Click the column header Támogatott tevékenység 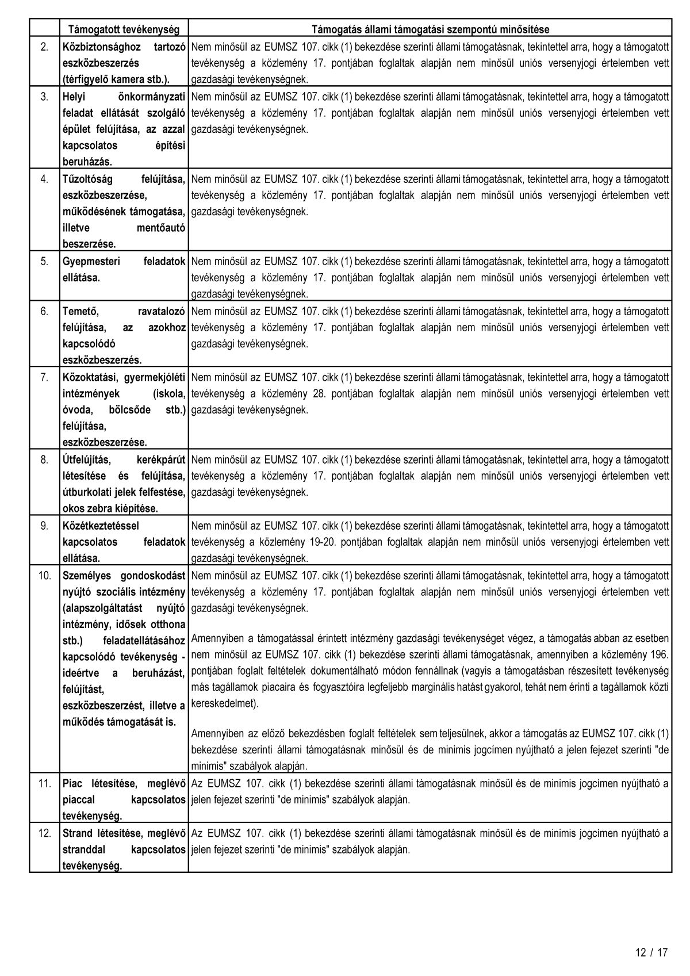click(x=124, y=29)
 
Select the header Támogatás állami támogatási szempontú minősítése click(x=430, y=29)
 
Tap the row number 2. click(x=44, y=46)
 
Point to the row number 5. click(x=44, y=261)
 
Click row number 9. click(x=44, y=525)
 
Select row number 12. click(x=44, y=833)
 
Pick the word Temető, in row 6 click(x=80, y=311)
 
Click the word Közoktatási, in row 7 click(x=91, y=377)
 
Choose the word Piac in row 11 click(x=72, y=783)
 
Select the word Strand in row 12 click(x=77, y=833)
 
